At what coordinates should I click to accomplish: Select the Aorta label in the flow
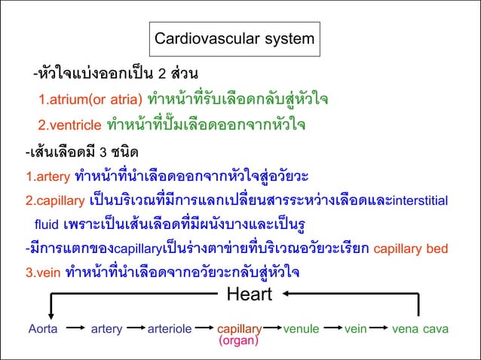43,329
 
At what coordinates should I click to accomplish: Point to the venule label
302,329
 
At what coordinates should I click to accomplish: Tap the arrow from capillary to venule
273,329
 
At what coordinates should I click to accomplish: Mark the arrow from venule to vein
331,329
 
